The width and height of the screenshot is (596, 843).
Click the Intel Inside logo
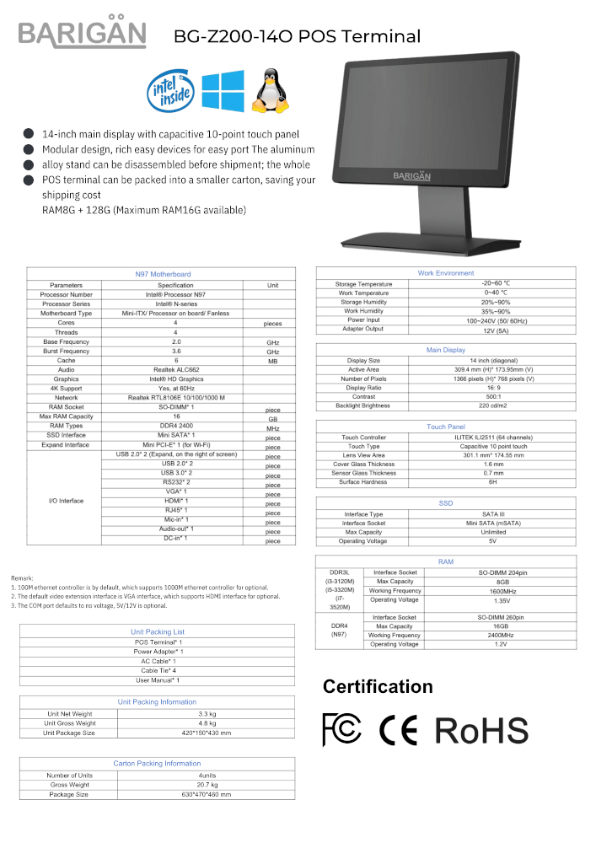pyautogui.click(x=172, y=91)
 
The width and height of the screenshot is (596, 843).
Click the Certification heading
pyautogui.click(x=378, y=686)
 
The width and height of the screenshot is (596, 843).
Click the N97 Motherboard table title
pyautogui.click(x=163, y=274)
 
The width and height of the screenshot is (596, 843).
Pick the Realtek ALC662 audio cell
pyautogui.click(x=176, y=369)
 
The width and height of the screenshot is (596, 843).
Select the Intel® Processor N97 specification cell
pyautogui.click(x=176, y=295)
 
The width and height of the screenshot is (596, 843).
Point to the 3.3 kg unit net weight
pyautogui.click(x=207, y=713)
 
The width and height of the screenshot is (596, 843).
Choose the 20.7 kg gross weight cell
pyautogui.click(x=207, y=785)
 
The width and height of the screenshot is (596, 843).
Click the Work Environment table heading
pyautogui.click(x=446, y=273)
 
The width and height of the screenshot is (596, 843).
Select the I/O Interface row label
pyautogui.click(x=66, y=501)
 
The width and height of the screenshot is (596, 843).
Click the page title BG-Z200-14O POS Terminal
pyautogui.click(x=297, y=36)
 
